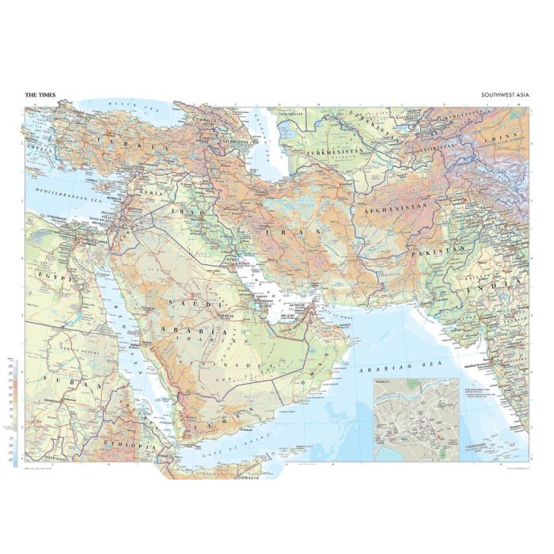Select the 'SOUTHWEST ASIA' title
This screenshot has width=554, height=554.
(x=504, y=95)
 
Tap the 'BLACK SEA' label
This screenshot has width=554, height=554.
(x=123, y=104)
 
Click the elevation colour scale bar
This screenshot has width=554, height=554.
(x=15, y=412)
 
